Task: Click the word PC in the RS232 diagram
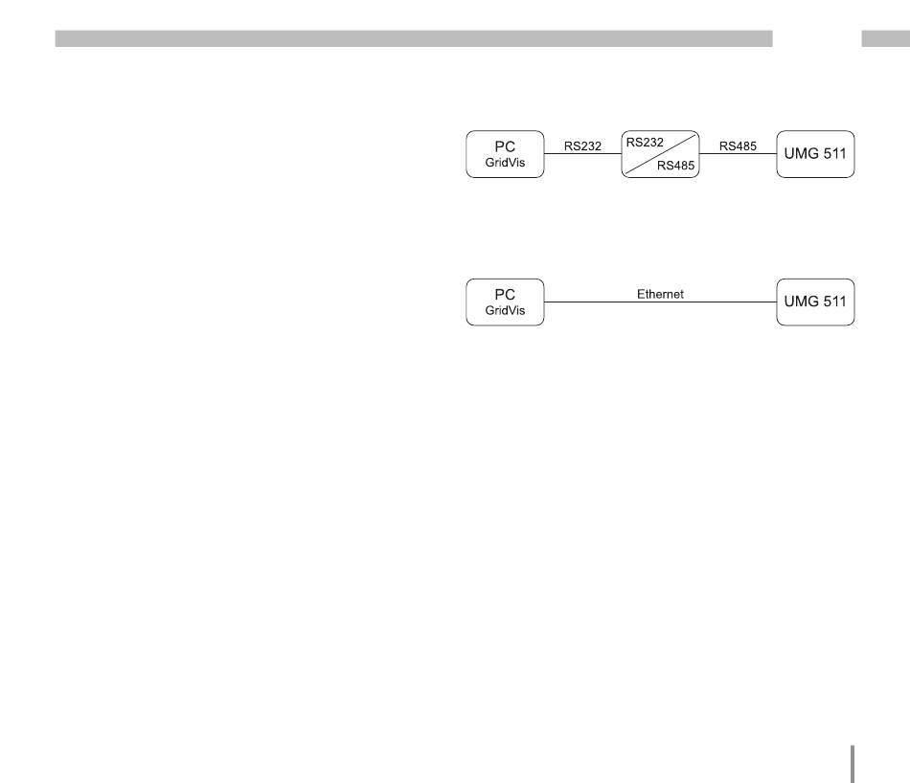[x=505, y=145]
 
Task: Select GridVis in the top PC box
[x=505, y=162]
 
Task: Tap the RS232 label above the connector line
[x=581, y=146]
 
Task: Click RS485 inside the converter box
[x=676, y=165]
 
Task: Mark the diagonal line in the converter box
[x=661, y=153]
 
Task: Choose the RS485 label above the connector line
[x=738, y=146]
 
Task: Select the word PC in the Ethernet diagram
[x=505, y=296]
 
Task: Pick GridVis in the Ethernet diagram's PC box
[x=505, y=311]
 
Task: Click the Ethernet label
[x=660, y=294]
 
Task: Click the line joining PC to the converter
[x=582, y=154]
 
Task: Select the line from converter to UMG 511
[x=739, y=154]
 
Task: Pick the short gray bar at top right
[x=885, y=38]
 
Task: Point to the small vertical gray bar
[x=850, y=763]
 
